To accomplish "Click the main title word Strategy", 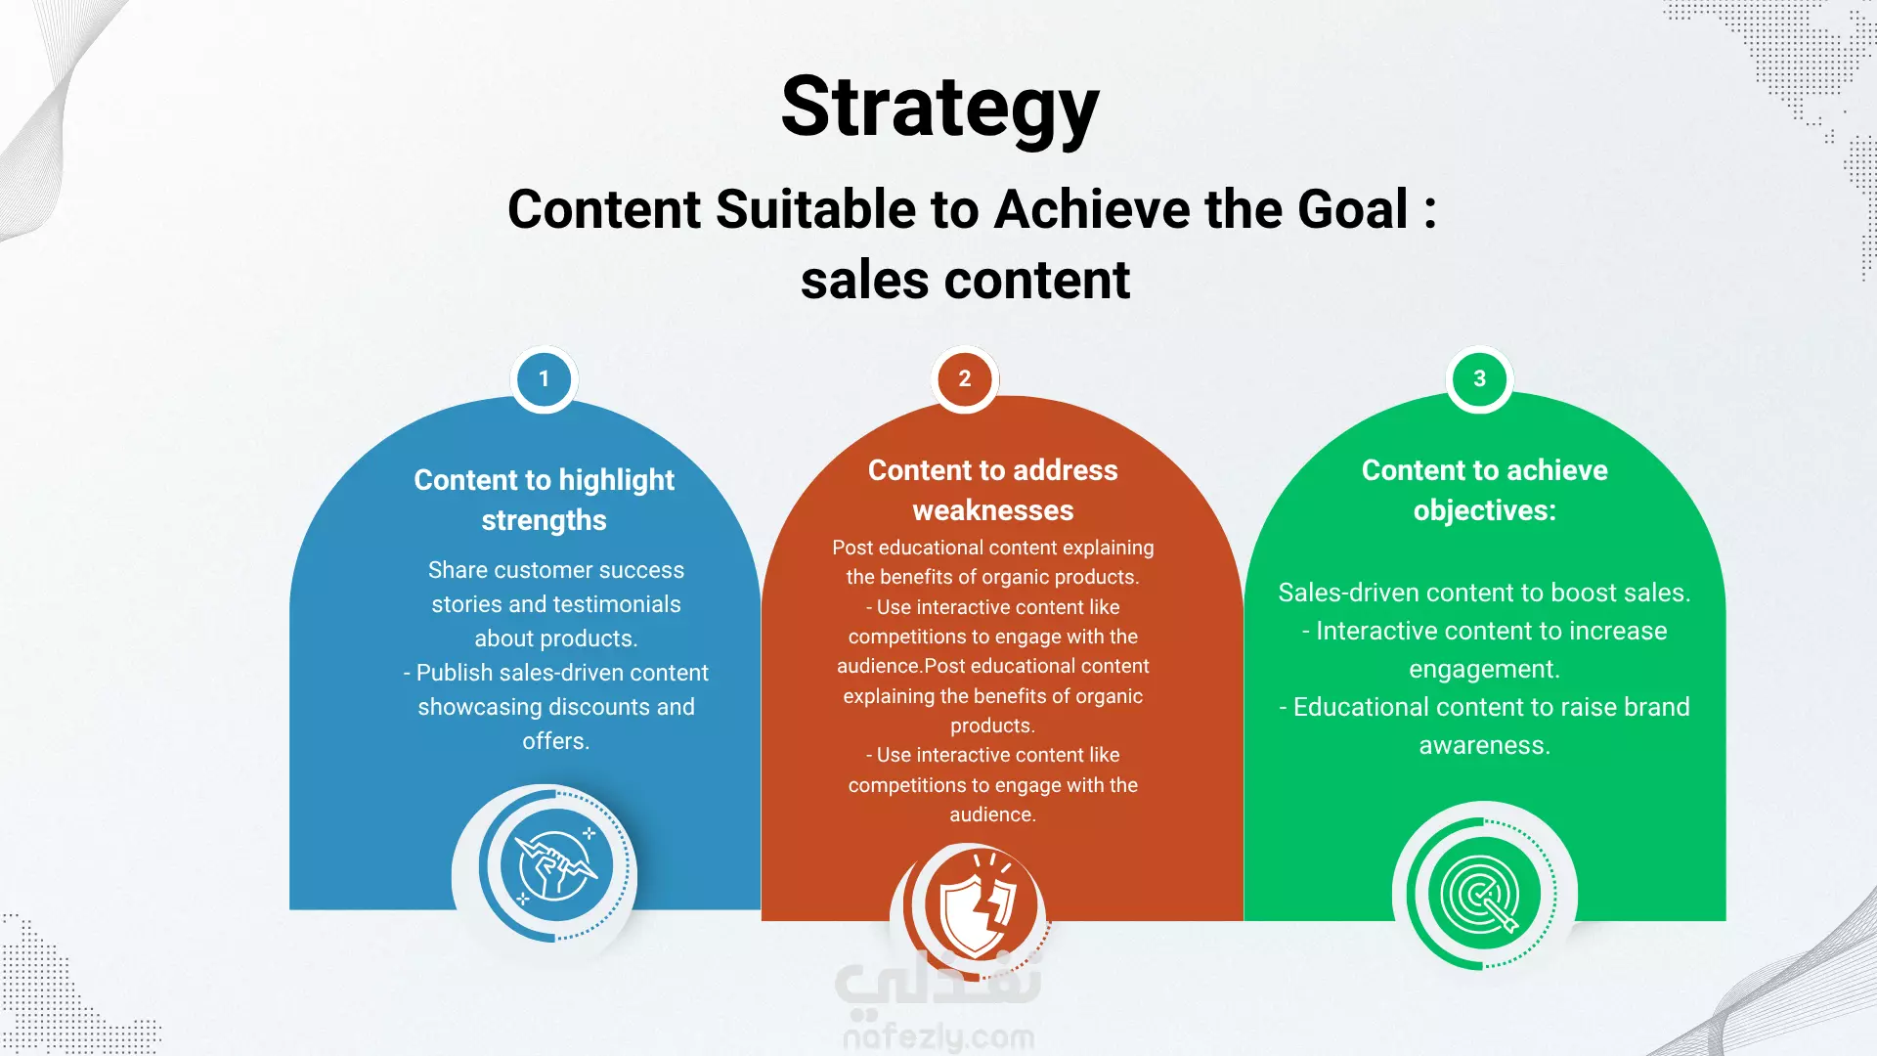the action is [x=939, y=108].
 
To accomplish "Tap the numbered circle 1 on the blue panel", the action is [x=545, y=379].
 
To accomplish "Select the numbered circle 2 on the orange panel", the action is [x=965, y=379].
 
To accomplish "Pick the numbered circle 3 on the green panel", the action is [x=1479, y=379].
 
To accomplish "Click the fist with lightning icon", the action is [x=556, y=865].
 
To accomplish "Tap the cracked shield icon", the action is [x=975, y=903].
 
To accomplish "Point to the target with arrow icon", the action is [x=1484, y=894].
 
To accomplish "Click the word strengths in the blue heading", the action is [x=544, y=520].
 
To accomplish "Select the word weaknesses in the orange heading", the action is [x=993, y=510].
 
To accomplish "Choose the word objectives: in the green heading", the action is [x=1484, y=510].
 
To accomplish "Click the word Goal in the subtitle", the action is [x=1352, y=209].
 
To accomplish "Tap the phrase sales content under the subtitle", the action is [x=965, y=281].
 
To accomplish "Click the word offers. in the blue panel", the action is [x=555, y=741].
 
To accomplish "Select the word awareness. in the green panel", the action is [x=1484, y=746].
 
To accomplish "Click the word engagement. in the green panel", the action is [x=1484, y=670].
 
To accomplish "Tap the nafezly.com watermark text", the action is [x=938, y=1036].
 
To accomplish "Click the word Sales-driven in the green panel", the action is [x=1348, y=593].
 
